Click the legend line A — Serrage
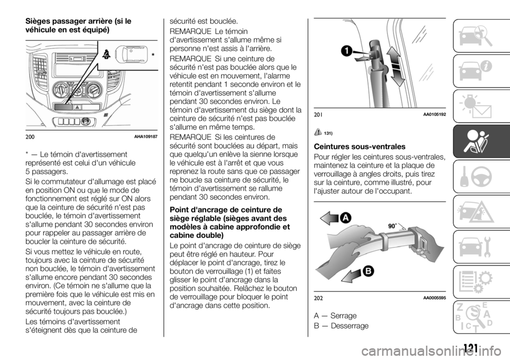click(335, 315)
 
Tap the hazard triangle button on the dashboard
click(77, 106)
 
